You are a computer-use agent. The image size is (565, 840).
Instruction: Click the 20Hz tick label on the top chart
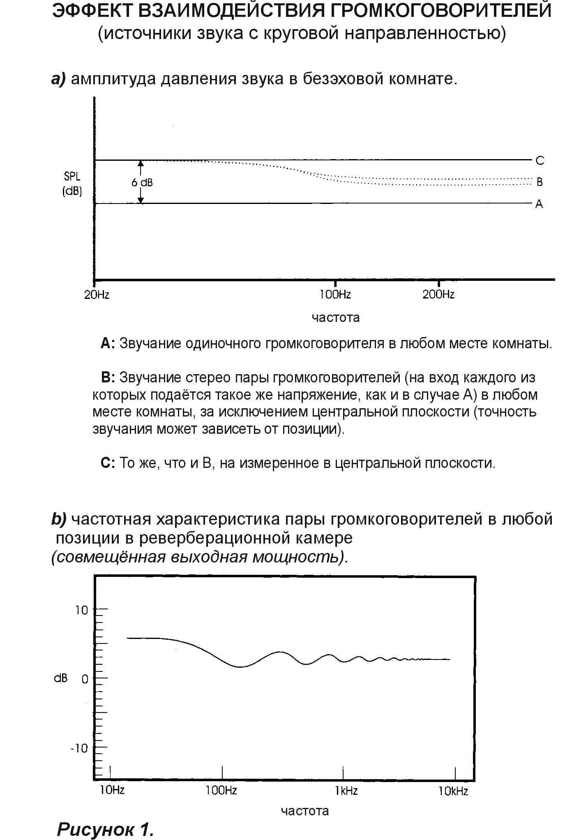point(97,294)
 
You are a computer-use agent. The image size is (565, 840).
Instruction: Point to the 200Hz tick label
point(438,294)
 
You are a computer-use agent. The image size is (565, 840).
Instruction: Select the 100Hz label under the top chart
point(335,294)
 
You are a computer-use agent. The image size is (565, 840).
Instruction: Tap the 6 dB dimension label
point(142,182)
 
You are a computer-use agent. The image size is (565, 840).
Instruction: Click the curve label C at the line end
point(540,160)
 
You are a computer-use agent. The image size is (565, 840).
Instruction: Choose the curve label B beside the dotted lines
point(540,182)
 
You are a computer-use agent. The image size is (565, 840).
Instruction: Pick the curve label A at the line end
point(539,204)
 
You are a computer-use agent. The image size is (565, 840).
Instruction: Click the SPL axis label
point(72,176)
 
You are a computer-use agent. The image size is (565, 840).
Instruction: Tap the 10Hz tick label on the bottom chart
point(112,790)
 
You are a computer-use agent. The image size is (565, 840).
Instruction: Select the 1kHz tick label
point(346,790)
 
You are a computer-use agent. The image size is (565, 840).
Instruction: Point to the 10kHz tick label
point(453,790)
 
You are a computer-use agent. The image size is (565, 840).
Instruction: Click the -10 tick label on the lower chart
point(79,748)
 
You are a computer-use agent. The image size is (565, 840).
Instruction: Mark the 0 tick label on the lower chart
point(85,679)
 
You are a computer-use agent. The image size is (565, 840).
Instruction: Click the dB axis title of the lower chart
point(61,678)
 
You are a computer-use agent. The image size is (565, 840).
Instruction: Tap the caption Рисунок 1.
point(106,829)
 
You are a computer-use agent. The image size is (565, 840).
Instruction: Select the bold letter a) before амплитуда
point(58,79)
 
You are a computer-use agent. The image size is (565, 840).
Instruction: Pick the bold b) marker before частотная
point(59,519)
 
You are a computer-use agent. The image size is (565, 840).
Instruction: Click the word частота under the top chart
point(335,317)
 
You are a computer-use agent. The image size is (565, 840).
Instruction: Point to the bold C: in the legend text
point(108,463)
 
